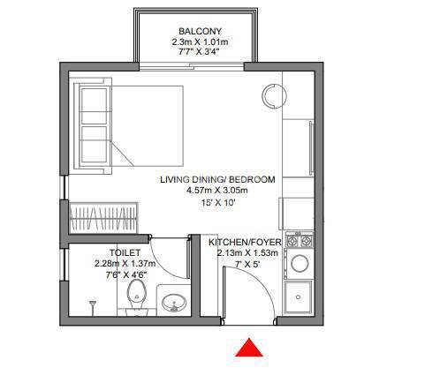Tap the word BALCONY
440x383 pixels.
tap(192, 29)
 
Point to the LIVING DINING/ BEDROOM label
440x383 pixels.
tap(217, 179)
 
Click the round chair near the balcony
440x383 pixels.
tap(274, 94)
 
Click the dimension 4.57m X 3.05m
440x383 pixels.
tap(218, 191)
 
